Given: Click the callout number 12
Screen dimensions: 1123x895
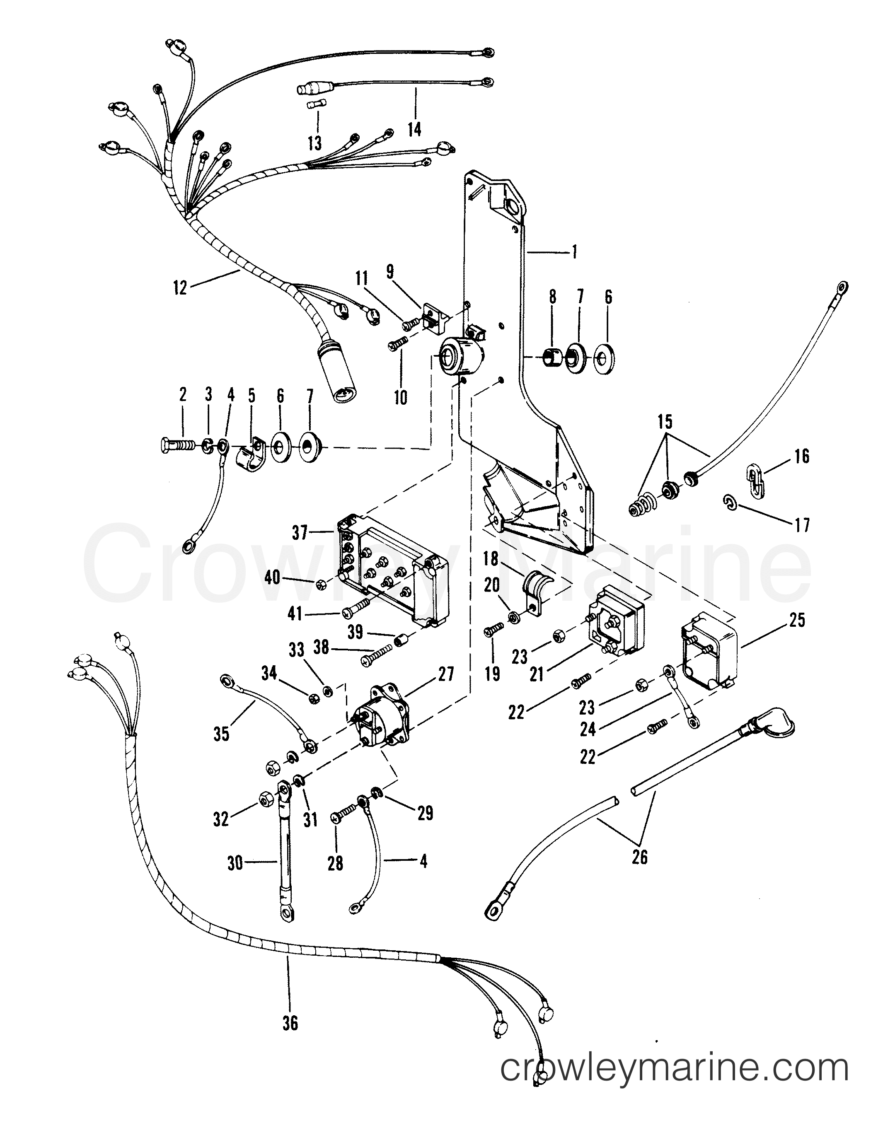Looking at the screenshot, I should tap(180, 288).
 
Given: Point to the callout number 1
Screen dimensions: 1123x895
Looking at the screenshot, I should tap(574, 252).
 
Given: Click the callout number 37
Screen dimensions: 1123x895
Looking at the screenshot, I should tap(300, 534).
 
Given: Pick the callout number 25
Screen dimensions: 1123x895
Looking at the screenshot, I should tap(797, 621).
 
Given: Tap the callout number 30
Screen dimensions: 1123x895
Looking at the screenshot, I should tap(235, 863).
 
